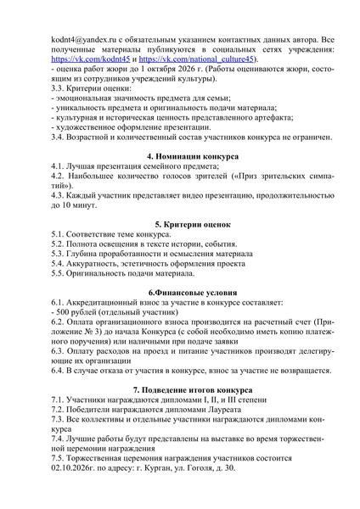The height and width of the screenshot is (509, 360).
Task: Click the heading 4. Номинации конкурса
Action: click(x=180, y=158)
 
